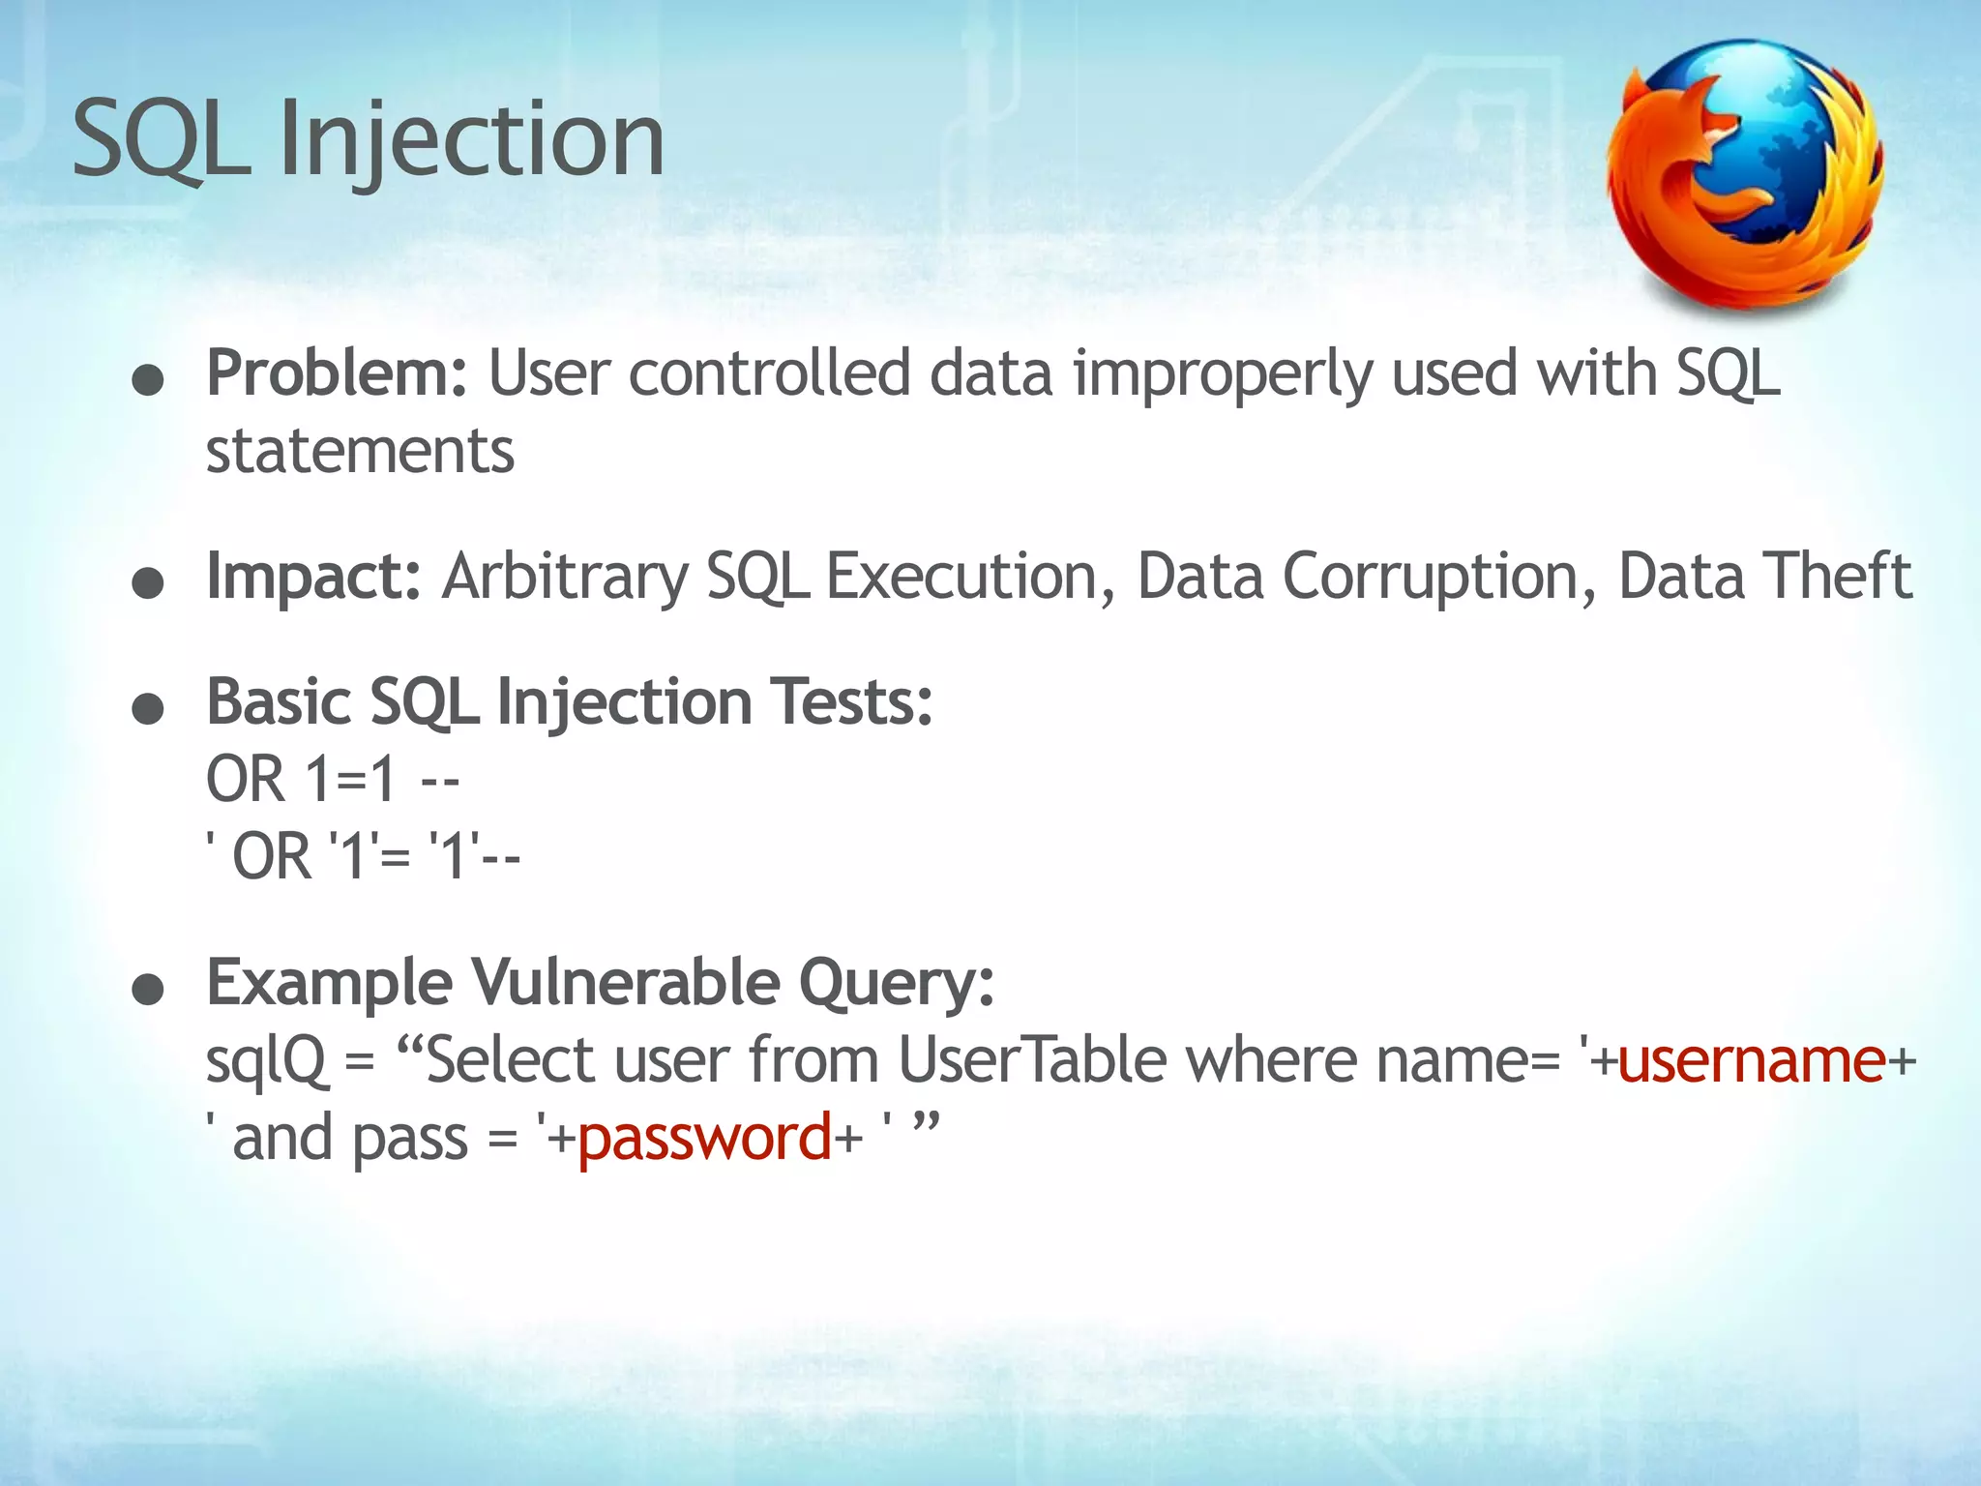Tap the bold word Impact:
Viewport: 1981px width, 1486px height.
pyautogui.click(x=313, y=577)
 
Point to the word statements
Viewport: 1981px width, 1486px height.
pyautogui.click(x=360, y=451)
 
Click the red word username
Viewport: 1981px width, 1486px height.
pyautogui.click(x=1751, y=1060)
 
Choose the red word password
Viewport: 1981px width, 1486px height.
pyautogui.click(x=704, y=1138)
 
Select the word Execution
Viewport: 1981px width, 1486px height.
pyautogui.click(x=961, y=577)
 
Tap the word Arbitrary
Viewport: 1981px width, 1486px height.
pyautogui.click(x=565, y=577)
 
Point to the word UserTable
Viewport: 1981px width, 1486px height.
pyautogui.click(x=1032, y=1060)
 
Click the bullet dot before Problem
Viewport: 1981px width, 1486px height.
pyautogui.click(x=148, y=382)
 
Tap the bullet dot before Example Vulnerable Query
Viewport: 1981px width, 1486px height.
pyautogui.click(x=148, y=991)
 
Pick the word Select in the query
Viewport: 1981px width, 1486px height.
pyautogui.click(x=509, y=1060)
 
